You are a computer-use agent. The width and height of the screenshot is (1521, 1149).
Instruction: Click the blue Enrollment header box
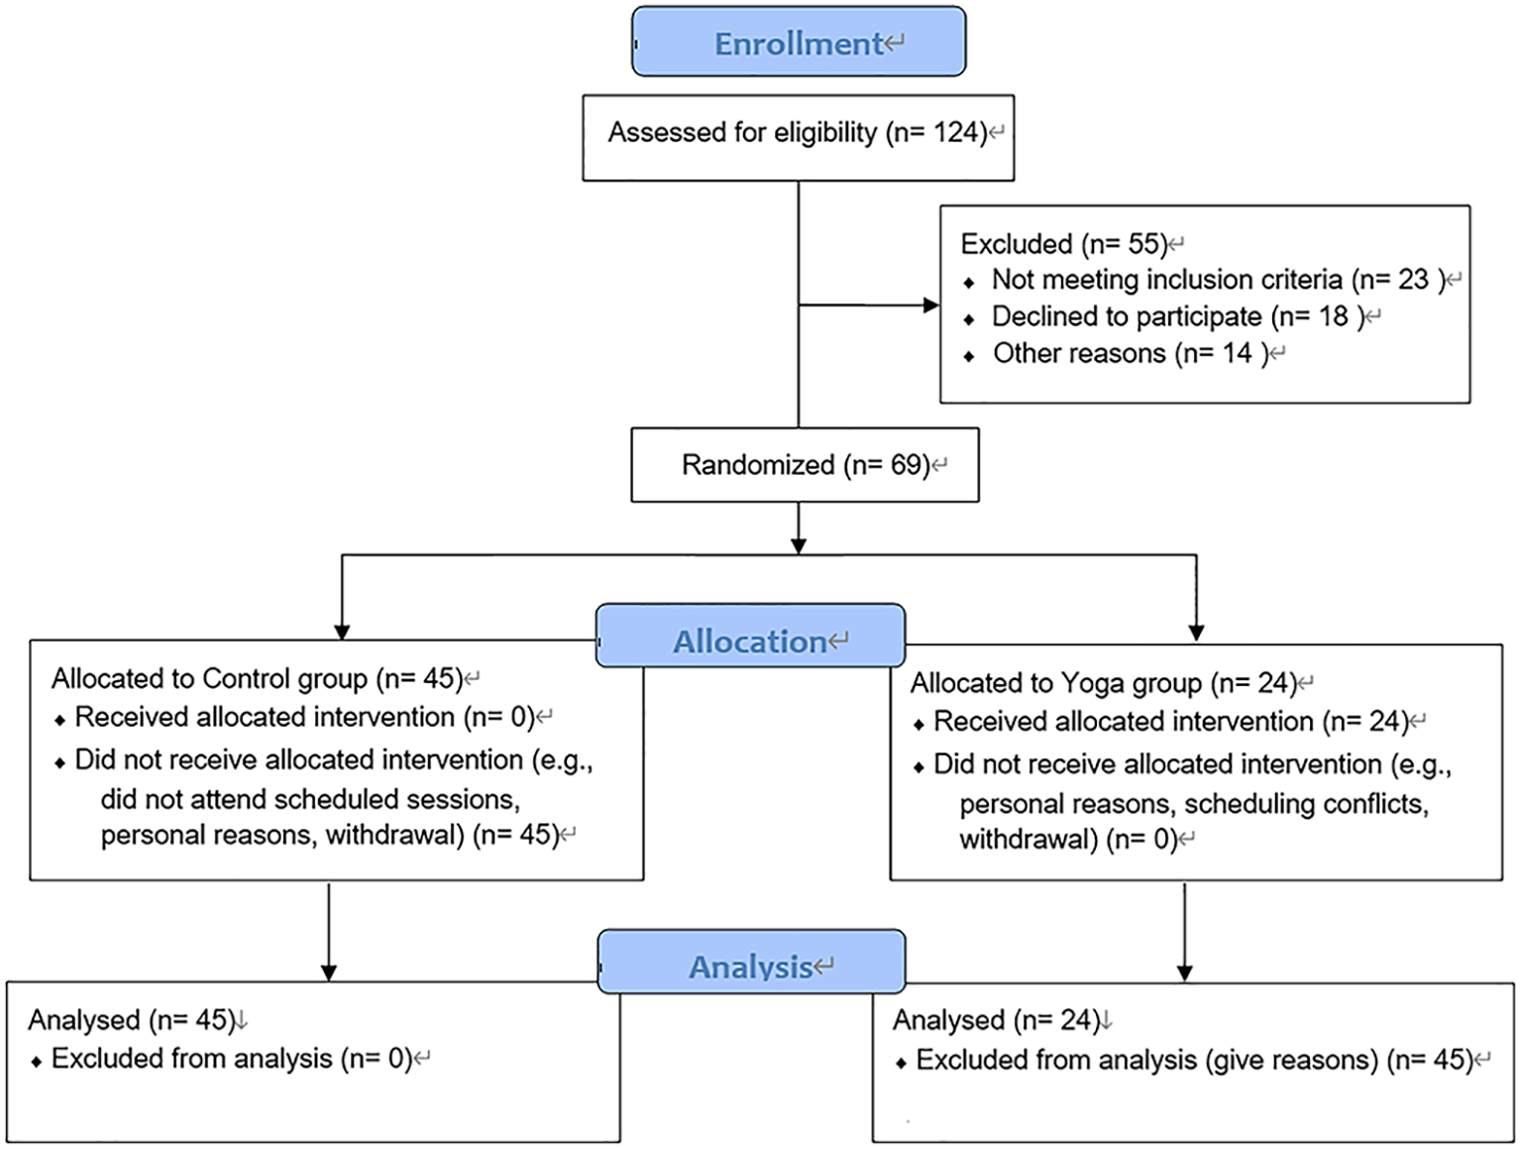point(799,43)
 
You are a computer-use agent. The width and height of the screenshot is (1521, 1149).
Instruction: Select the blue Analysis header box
point(751,963)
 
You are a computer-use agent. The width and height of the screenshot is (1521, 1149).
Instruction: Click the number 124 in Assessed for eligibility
point(958,133)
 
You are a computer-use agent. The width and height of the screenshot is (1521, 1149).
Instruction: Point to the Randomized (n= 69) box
point(805,465)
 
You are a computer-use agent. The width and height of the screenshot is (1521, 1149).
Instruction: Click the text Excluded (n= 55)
point(1064,244)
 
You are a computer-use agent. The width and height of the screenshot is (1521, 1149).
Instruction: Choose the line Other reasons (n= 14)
point(1130,354)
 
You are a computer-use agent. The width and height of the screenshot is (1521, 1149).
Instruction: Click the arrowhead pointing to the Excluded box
point(931,305)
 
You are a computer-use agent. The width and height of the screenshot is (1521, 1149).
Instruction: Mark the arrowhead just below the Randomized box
point(799,545)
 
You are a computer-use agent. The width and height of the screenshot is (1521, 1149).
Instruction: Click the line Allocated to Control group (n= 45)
point(257,679)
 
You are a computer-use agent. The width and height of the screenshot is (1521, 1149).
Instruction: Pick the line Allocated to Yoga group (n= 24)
point(1103,684)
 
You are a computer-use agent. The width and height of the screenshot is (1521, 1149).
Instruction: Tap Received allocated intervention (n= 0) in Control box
point(304,718)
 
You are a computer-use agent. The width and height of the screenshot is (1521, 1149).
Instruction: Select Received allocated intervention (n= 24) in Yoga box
point(1170,723)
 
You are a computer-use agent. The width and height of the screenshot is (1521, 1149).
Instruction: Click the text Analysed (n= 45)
point(130,1020)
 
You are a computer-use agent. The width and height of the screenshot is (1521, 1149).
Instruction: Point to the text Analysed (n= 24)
point(995,1020)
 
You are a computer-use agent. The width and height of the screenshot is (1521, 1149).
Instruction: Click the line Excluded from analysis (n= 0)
point(231,1059)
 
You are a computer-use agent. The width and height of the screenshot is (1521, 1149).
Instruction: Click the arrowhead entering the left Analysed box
point(329,973)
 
